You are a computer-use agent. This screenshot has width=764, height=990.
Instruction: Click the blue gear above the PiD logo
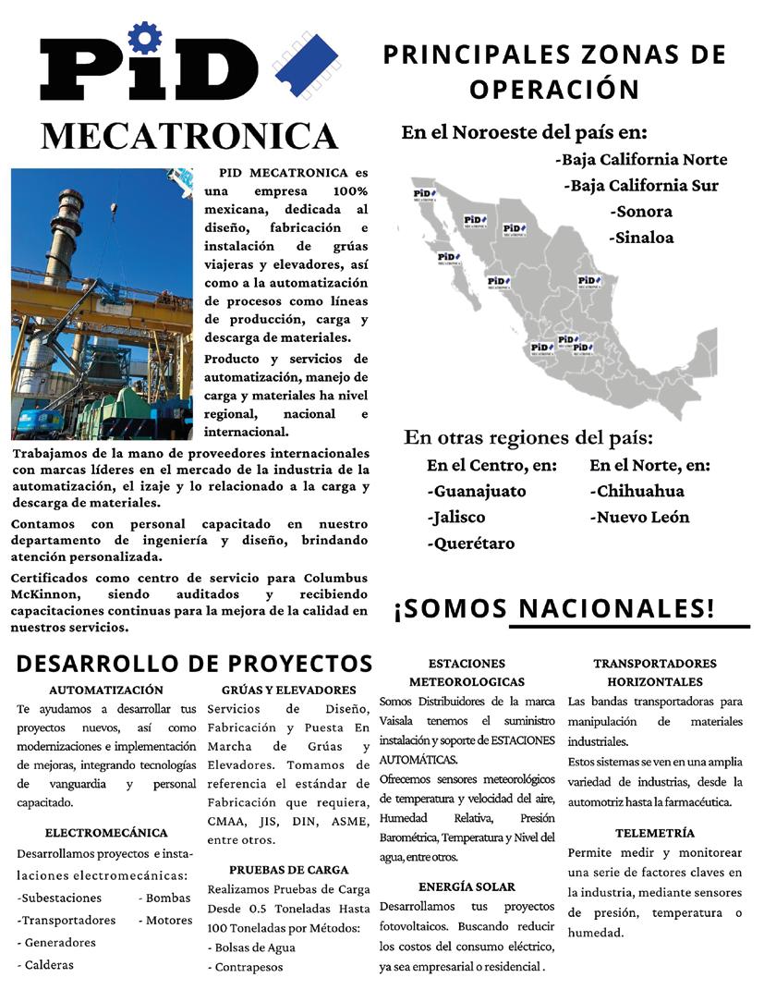point(145,38)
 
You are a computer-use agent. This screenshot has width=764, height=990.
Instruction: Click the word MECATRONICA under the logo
point(189,135)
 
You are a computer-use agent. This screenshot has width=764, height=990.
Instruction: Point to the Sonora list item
point(641,211)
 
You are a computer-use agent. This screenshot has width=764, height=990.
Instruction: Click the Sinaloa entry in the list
point(641,237)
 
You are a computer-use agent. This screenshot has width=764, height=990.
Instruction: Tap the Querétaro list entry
point(470,543)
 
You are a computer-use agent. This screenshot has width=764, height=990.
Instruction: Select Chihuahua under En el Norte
point(637,491)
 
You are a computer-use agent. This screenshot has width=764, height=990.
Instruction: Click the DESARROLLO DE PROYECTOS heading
point(194,663)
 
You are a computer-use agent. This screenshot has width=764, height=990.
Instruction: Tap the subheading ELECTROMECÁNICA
point(106,833)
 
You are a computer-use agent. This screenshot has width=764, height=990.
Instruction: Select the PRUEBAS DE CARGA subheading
point(289,870)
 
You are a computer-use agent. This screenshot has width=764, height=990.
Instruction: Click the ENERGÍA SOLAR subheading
point(467,886)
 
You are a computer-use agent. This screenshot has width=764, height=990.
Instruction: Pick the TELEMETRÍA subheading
point(655,833)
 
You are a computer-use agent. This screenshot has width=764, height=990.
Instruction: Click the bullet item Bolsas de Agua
point(255,947)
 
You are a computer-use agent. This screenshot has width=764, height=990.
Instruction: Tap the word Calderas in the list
point(48,965)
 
